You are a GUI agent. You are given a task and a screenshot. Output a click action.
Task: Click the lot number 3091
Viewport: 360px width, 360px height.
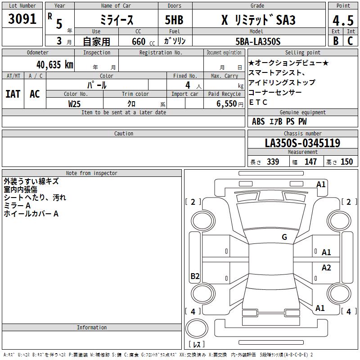[22, 19]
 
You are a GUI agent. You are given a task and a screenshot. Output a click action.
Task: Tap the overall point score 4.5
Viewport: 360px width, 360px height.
[343, 21]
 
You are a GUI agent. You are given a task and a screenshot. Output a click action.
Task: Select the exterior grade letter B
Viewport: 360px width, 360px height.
[336, 41]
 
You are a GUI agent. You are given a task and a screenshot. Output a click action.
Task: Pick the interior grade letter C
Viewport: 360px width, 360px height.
[350, 41]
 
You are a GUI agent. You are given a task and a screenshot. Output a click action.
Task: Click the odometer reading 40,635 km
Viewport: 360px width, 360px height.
[54, 65]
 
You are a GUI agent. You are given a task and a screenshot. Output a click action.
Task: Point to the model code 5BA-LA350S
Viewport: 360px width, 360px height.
[258, 41]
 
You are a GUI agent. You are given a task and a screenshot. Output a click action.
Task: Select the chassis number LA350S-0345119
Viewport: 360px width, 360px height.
[302, 143]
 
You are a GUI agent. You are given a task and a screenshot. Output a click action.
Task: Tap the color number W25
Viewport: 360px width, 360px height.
[74, 104]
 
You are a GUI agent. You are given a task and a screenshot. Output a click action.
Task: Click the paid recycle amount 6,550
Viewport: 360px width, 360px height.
[226, 104]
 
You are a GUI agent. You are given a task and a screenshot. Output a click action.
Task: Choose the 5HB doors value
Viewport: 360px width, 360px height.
[174, 20]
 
